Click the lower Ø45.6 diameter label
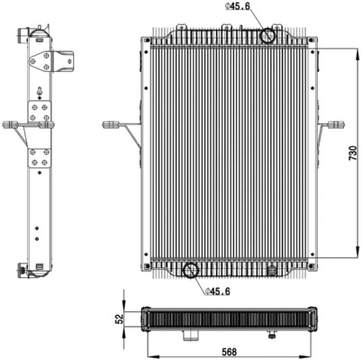pyautogui.click(x=220, y=292)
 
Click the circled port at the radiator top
pyautogui.click(x=268, y=37)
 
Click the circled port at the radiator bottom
pyautogui.click(x=191, y=270)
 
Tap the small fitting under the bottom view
pyautogui.click(x=271, y=337)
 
